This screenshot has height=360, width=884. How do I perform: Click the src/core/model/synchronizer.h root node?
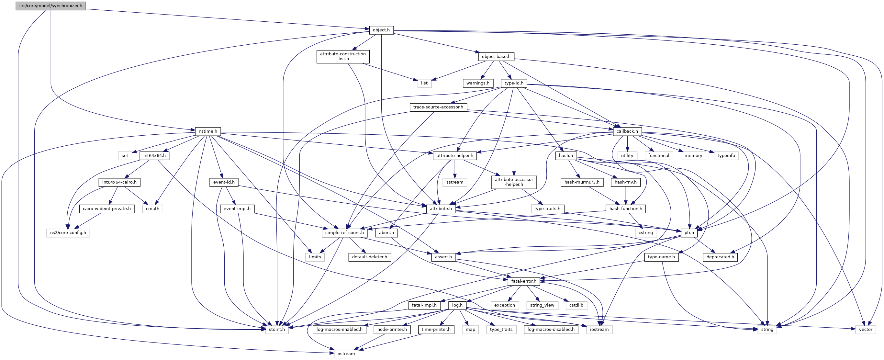tap(51, 6)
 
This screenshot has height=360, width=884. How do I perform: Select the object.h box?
tap(381, 30)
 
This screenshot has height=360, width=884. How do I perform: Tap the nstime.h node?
tap(207, 131)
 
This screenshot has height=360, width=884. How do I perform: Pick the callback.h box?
tap(627, 131)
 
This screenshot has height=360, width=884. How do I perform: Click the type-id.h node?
tap(514, 83)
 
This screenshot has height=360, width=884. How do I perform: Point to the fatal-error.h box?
tap(523, 281)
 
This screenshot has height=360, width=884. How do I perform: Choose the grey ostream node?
tap(346, 354)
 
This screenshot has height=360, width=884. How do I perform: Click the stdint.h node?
tap(276, 330)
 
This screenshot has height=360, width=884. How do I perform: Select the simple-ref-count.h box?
tap(344, 233)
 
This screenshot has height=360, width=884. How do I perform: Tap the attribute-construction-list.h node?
tap(343, 56)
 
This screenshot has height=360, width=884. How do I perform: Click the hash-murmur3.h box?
tap(582, 182)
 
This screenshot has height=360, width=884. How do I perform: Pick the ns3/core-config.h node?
tap(68, 233)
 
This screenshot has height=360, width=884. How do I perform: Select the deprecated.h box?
tap(720, 257)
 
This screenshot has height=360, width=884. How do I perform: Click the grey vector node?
tap(866, 330)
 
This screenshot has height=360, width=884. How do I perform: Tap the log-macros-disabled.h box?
tap(551, 330)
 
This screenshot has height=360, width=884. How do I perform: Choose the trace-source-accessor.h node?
tap(438, 107)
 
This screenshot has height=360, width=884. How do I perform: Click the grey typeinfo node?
tap(726, 155)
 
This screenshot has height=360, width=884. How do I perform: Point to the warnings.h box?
tap(478, 83)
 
